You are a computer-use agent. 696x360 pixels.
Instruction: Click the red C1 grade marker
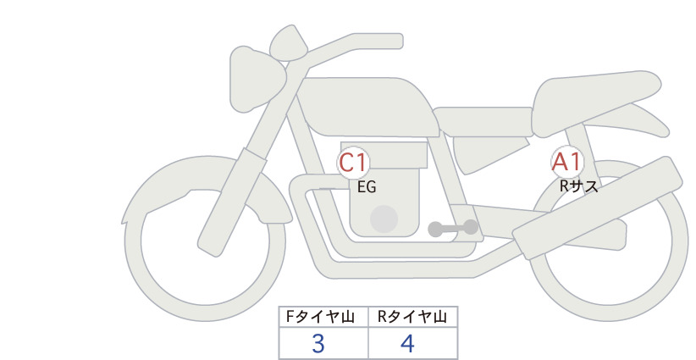click(353, 163)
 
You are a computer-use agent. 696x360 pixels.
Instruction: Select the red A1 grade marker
click(567, 162)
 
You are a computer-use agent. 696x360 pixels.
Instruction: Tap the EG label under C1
click(367, 187)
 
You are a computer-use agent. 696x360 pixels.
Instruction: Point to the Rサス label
click(578, 187)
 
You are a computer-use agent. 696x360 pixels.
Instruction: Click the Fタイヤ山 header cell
click(323, 317)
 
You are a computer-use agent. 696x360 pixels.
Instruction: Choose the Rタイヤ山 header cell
click(412, 317)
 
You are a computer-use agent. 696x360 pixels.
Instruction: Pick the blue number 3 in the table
click(318, 344)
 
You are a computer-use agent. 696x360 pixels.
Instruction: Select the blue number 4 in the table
click(407, 344)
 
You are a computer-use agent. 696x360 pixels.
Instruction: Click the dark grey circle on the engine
click(384, 219)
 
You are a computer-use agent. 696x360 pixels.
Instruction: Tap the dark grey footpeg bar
click(453, 228)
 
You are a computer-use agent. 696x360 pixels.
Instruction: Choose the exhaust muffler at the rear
click(598, 208)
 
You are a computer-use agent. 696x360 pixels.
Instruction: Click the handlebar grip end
click(390, 41)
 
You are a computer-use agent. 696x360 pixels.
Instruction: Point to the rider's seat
click(483, 121)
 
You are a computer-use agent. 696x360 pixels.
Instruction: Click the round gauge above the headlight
click(289, 42)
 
